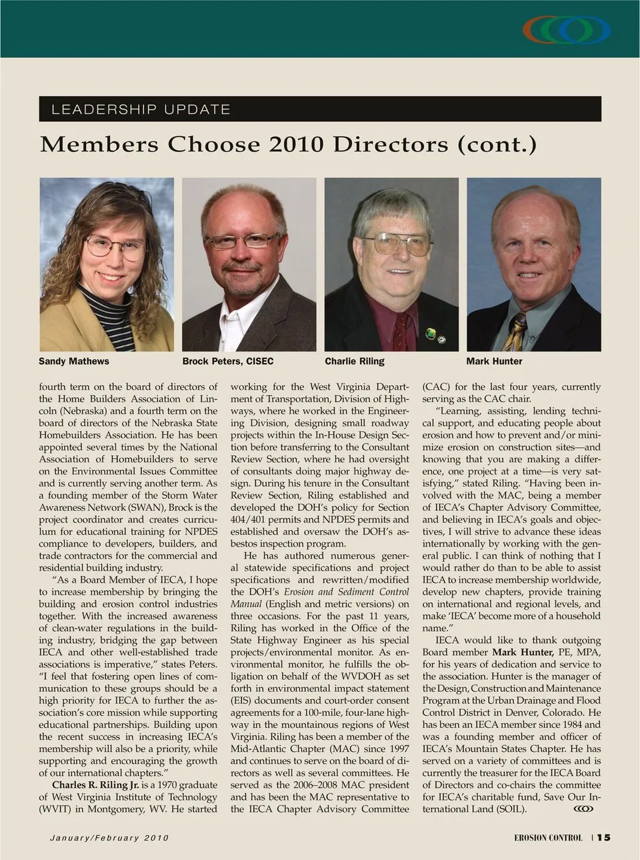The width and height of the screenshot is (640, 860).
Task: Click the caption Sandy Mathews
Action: tap(73, 361)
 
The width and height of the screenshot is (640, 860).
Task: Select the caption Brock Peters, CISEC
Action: tap(228, 361)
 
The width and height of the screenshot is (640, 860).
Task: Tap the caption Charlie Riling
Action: tap(355, 361)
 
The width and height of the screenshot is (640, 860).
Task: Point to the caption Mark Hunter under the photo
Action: tap(494, 361)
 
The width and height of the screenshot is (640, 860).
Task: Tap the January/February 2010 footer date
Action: tap(109, 838)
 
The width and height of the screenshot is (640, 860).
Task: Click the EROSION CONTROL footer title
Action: tap(548, 838)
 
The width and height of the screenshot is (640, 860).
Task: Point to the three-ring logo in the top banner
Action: tap(567, 29)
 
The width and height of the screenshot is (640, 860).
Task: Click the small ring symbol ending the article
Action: tap(583, 809)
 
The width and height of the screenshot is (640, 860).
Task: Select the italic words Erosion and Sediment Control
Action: tap(347, 592)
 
